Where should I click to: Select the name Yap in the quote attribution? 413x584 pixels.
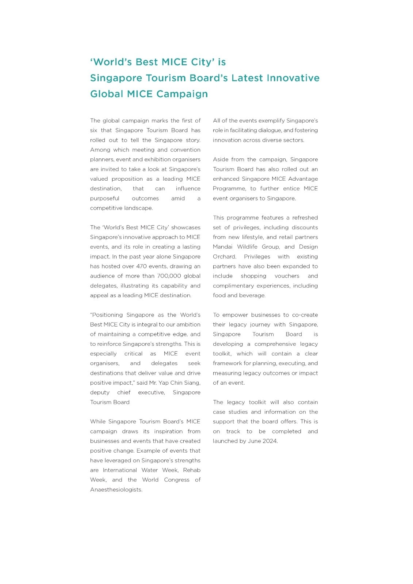(164, 383)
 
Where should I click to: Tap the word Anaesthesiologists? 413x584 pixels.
(116, 490)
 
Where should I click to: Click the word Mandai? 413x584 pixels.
(222, 247)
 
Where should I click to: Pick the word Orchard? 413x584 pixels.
(224, 257)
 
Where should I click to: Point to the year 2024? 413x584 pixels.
(270, 441)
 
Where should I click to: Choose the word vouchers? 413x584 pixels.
(287, 276)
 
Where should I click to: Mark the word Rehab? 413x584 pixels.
(192, 470)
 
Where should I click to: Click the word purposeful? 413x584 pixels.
(104, 199)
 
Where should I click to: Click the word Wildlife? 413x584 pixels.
(249, 247)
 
